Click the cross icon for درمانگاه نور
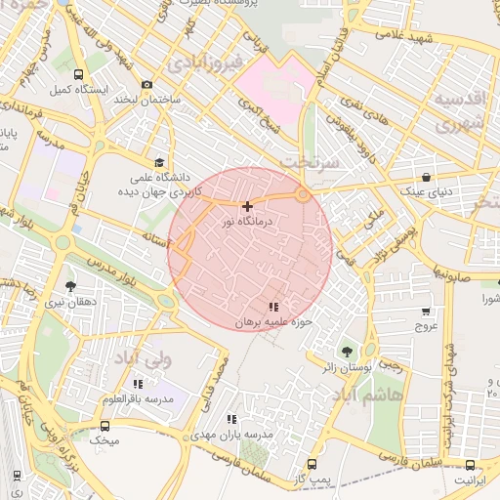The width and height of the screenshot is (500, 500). click(x=247, y=206)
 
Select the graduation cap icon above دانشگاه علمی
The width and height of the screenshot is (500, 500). click(x=158, y=163)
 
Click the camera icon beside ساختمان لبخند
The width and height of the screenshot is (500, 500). click(x=147, y=85)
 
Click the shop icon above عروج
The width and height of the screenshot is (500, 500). click(x=426, y=311)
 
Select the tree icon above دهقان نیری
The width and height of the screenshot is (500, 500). click(x=70, y=286)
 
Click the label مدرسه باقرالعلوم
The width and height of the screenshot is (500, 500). click(x=137, y=399)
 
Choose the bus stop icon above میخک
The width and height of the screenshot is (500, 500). click(x=104, y=426)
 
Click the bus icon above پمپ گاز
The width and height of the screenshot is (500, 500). click(x=312, y=464)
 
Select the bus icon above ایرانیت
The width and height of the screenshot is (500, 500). click(x=470, y=466)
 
